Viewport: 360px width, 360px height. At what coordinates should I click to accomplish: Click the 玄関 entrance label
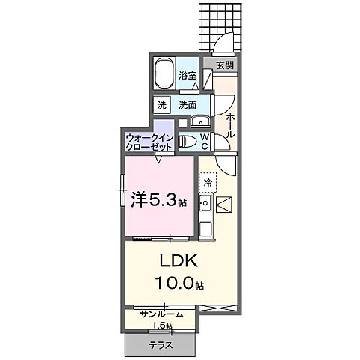click(224, 65)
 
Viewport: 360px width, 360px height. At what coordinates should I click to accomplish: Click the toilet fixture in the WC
click(190, 141)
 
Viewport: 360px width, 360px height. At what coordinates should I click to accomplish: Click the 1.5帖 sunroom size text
click(160, 326)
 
